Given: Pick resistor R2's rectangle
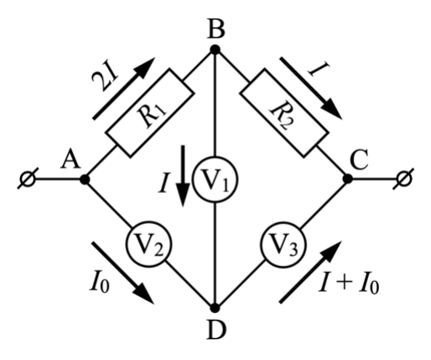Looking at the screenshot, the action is tap(284, 112).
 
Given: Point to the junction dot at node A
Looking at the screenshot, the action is tap(85, 179).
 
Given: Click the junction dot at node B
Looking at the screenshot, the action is tap(215, 50).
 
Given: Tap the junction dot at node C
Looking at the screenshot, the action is tap(347, 179).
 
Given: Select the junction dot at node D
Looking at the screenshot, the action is tap(215, 308).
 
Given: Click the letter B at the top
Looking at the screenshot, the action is tap(215, 29).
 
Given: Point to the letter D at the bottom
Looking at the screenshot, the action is tap(216, 330).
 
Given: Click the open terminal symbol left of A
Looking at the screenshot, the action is tap(28, 179).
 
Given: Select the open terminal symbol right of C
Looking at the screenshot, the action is tap(403, 179).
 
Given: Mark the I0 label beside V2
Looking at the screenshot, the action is tap(100, 282).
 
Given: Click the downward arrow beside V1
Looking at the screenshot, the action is tap(183, 176).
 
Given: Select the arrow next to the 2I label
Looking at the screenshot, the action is tap(124, 88).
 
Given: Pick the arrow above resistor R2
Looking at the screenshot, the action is tap(311, 88).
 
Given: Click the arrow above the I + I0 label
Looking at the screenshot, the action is tap(310, 272).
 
